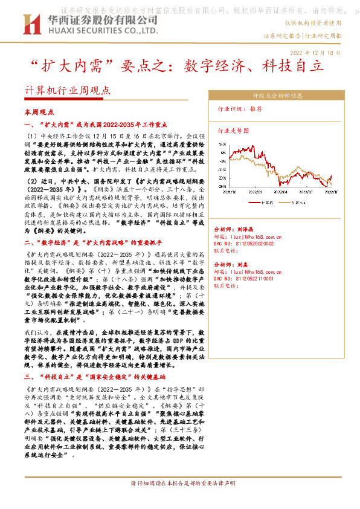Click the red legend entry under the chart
pyautogui.click(x=266, y=203)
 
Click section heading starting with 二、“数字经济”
pyautogui.click(x=94, y=242)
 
